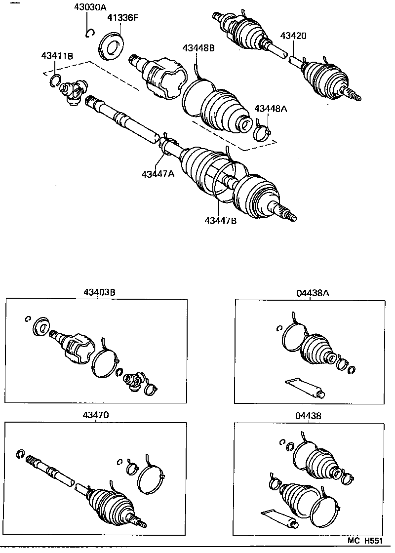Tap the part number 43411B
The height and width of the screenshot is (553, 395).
(x=57, y=56)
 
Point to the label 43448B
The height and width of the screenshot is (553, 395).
(x=198, y=48)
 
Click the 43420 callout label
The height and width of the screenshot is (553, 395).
(x=293, y=36)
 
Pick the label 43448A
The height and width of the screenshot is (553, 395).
(x=270, y=108)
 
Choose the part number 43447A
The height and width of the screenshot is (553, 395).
(x=158, y=174)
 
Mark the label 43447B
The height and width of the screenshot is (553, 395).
(x=220, y=221)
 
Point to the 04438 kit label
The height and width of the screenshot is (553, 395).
(x=309, y=416)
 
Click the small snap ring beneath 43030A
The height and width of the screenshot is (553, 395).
(x=88, y=33)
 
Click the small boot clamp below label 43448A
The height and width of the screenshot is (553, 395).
(x=264, y=132)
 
